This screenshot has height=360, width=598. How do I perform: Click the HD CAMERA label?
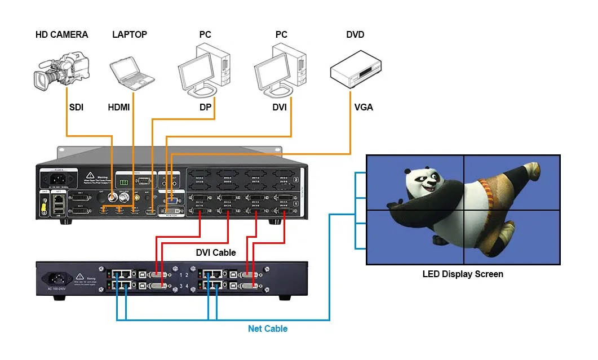coord(61,35)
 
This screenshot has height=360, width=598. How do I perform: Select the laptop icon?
coord(131,72)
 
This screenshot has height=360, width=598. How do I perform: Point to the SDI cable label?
coord(76,107)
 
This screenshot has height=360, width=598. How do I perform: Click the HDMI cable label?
coord(119,107)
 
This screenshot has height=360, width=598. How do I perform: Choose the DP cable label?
coord(205,107)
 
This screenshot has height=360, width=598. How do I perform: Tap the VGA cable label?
coord(364,107)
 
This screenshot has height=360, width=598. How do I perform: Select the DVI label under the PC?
coord(280,107)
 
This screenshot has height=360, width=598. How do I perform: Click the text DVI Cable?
coord(216,252)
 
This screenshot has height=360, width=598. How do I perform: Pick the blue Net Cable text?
coord(268,328)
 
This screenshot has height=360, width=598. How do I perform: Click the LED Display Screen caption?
coord(463,274)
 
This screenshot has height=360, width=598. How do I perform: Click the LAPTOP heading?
coord(130,35)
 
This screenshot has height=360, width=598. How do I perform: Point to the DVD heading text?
coord(355,35)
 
